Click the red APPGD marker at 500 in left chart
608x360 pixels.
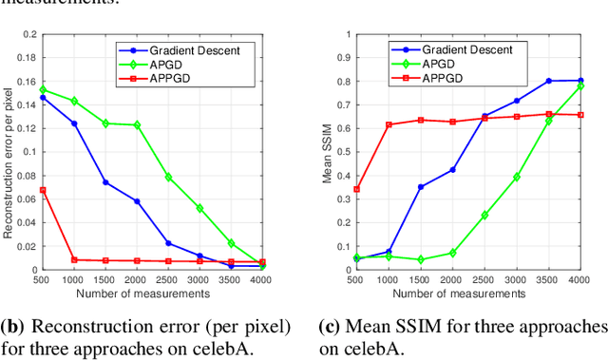[42, 190]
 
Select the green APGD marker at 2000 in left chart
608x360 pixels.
[137, 124]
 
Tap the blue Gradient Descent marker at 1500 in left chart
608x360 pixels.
[105, 182]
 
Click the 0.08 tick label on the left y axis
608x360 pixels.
[23, 175]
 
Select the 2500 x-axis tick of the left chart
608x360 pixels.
[168, 281]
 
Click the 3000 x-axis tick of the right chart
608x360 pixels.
[517, 281]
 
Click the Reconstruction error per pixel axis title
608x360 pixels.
[9, 152]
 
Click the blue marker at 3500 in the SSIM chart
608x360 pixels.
[548, 81]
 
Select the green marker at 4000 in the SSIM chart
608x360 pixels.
[579, 86]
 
